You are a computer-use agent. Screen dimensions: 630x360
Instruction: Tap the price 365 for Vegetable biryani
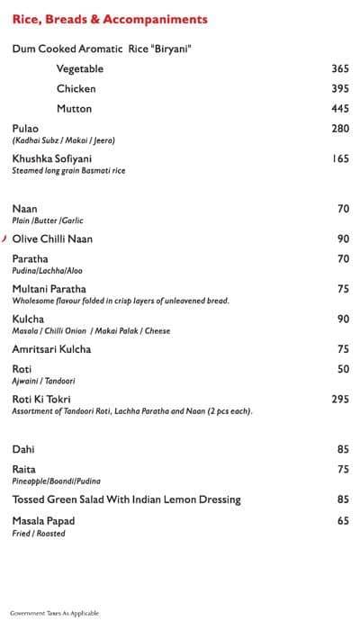[x=339, y=69]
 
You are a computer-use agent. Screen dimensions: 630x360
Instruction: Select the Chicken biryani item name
[x=76, y=89]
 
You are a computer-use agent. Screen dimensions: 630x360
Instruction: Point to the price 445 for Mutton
[x=339, y=109]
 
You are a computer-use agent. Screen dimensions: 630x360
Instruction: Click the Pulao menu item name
[x=25, y=129]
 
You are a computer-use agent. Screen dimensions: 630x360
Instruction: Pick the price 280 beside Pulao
[x=339, y=129]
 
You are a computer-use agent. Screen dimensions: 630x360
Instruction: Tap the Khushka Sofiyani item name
[x=52, y=158]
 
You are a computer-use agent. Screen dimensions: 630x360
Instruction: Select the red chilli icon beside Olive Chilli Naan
[x=4, y=238]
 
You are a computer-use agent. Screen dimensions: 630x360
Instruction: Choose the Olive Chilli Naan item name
[x=52, y=238]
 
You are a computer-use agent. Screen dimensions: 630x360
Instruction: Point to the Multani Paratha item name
[x=49, y=289]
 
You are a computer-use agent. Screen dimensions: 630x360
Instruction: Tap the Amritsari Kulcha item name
[x=51, y=349]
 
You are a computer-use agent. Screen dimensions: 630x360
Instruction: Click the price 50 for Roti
[x=343, y=369]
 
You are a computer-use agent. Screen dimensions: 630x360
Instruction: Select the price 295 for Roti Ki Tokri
[x=339, y=399]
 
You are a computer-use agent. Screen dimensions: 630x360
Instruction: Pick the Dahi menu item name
[x=23, y=449]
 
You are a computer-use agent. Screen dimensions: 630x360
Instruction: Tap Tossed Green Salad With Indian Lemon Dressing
[x=126, y=499]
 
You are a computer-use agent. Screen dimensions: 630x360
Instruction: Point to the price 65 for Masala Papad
[x=343, y=521]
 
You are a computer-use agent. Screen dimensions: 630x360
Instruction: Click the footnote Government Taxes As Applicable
[x=54, y=613]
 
